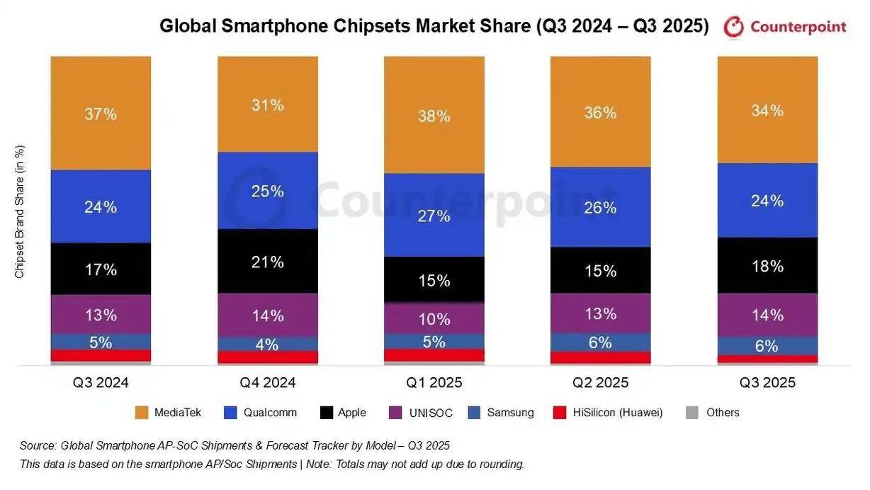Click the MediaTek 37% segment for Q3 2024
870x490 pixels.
(101, 113)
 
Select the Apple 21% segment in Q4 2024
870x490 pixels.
(267, 262)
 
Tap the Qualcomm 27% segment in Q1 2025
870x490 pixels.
(434, 216)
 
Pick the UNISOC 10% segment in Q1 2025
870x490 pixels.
(434, 318)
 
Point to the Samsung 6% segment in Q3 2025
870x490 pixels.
(767, 346)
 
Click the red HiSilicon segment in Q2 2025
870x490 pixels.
(601, 357)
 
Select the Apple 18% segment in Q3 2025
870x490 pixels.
(767, 266)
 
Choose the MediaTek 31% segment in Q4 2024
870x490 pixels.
(267, 105)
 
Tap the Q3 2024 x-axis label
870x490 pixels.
(101, 383)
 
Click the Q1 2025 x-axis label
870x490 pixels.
(434, 383)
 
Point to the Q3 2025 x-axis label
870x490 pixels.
(767, 383)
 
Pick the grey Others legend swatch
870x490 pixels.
(692, 413)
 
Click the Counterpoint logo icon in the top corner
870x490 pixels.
(734, 28)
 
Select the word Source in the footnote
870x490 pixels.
(38, 446)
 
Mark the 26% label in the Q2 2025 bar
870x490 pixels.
(601, 208)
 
